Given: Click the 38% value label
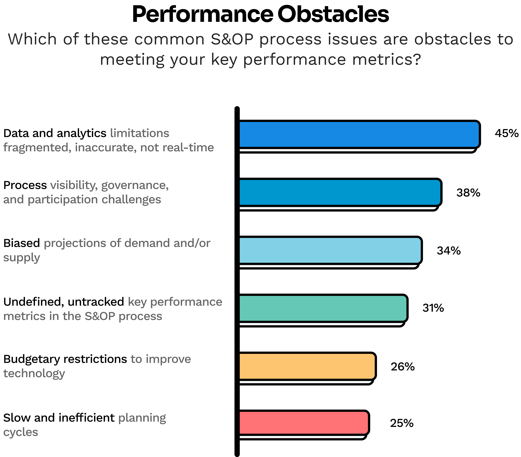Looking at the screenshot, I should pos(468,193).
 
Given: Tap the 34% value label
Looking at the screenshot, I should pos(449,251).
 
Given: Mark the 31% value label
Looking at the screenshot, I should pos(433,308).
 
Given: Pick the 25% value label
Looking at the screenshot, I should pos(402,423).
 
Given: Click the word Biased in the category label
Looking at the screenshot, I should pos(22,243).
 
